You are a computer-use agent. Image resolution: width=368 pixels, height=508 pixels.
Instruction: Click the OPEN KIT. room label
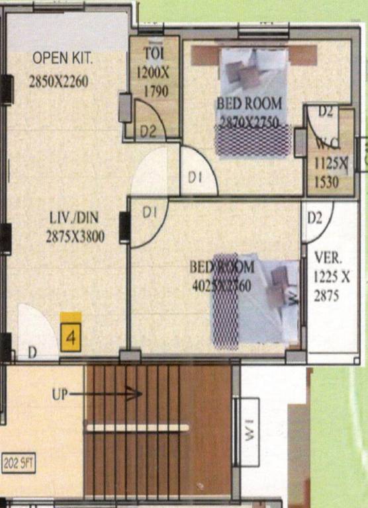63,59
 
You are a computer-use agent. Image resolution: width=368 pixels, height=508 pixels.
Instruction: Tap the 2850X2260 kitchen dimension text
58,82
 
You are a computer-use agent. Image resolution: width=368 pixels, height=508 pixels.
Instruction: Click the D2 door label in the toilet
148,131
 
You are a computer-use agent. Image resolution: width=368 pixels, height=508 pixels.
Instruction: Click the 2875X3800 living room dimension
75,236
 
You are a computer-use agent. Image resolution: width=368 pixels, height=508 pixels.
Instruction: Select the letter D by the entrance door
32,353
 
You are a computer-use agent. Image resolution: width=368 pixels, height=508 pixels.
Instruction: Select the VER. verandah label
326,256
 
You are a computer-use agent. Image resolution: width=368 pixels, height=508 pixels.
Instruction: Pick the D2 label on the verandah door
315,218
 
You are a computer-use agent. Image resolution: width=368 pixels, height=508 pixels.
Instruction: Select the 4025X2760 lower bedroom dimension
221,286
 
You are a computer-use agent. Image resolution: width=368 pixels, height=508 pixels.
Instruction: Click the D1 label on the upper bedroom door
194,177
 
